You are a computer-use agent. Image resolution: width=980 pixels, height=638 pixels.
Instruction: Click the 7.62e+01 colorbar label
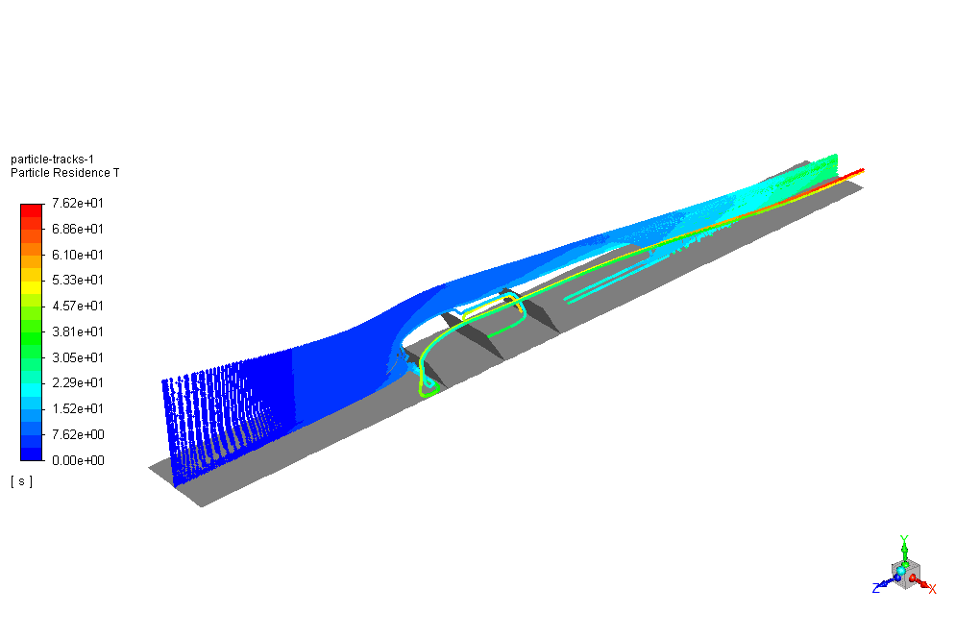[x=78, y=203]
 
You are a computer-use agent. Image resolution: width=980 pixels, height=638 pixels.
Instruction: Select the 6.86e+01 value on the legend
[x=78, y=229]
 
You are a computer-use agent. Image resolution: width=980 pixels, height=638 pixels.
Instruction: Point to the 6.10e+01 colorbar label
[x=78, y=255]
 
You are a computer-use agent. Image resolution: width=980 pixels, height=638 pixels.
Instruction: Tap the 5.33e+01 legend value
[x=78, y=280]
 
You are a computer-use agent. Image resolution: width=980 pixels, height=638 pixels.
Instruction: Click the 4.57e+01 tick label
[x=78, y=306]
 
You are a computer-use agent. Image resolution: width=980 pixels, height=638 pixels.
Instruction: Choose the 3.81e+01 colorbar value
[x=78, y=331]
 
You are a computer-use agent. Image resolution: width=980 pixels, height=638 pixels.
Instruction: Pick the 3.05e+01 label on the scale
[x=78, y=357]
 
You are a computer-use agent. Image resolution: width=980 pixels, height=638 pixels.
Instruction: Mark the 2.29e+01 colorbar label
[x=78, y=382]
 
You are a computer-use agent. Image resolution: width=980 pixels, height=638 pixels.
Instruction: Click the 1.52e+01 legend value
[x=78, y=408]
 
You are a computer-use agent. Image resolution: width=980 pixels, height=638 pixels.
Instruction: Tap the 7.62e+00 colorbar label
[x=78, y=434]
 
